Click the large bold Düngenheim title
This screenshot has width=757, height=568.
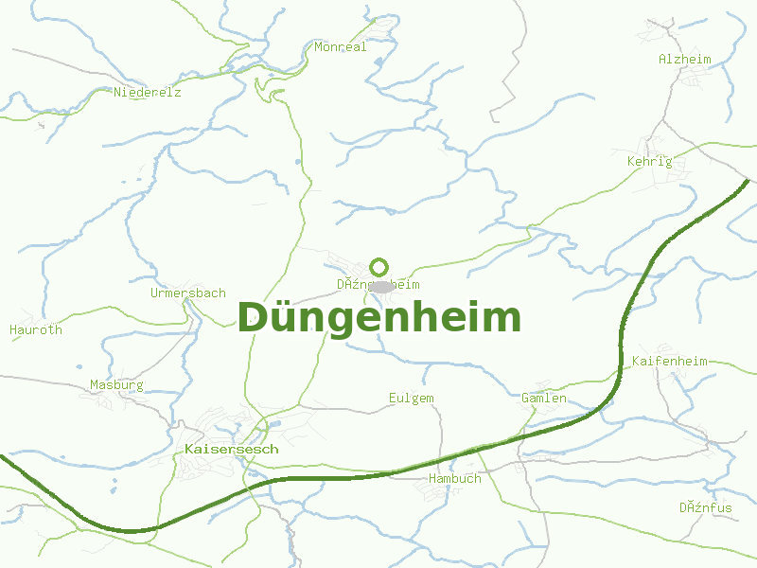point(378,318)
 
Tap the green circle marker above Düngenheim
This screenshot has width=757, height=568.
point(379,267)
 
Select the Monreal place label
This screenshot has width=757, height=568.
point(341,46)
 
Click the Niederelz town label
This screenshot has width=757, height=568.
point(147,93)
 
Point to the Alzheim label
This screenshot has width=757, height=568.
point(684,59)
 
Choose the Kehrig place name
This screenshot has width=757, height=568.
point(649,161)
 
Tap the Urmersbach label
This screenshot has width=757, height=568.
point(187,293)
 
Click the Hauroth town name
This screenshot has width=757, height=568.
point(36,329)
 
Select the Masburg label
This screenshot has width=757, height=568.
point(116,384)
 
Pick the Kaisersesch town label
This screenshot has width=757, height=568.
point(232,449)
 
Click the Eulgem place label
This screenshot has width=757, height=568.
point(411,398)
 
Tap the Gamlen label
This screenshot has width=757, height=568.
point(544,398)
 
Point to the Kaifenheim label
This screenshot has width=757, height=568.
point(669,361)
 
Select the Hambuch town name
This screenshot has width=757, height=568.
point(454,478)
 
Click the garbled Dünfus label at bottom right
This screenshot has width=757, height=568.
point(705,507)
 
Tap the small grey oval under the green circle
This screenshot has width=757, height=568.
point(380,286)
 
